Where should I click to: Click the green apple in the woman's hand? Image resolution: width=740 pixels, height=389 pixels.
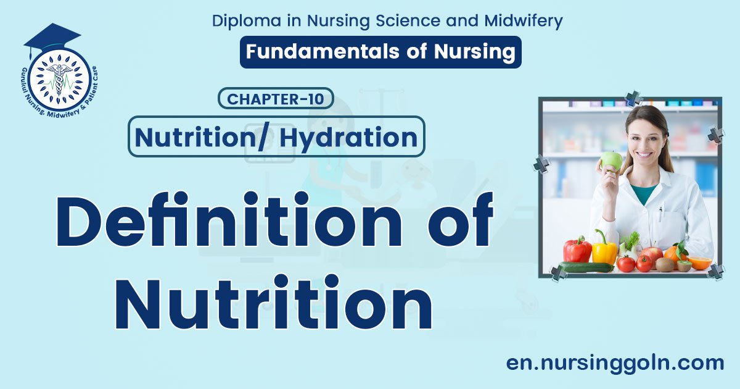(611, 161)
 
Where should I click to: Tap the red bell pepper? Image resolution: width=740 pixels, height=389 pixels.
(578, 249)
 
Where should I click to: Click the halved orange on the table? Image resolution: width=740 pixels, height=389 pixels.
(699, 263)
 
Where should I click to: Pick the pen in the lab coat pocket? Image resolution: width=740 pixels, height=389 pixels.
(660, 214)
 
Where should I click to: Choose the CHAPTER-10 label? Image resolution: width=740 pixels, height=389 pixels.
(276, 99)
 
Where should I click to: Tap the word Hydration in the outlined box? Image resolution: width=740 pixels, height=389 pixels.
(348, 137)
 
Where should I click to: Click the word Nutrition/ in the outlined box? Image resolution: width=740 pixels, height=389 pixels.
(203, 137)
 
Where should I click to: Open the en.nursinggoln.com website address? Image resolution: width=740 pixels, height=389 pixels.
(615, 363)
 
